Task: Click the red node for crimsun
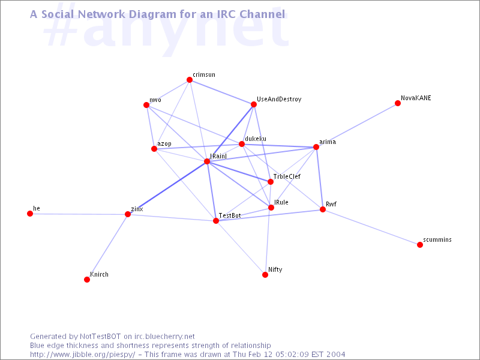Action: (190, 80)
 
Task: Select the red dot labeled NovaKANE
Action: (398, 103)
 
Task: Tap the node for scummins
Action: (420, 245)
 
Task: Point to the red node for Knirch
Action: (87, 280)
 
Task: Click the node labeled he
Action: (30, 214)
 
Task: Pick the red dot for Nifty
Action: (265, 275)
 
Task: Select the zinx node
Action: (128, 214)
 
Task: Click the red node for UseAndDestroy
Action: (254, 104)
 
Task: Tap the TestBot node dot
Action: (216, 221)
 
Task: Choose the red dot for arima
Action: (316, 147)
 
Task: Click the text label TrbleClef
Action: (287, 176)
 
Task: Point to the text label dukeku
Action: (256, 139)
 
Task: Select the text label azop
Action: (164, 144)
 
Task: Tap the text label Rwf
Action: (331, 204)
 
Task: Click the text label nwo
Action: (155, 100)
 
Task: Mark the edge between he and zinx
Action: (79, 214)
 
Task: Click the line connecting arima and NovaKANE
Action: (357, 125)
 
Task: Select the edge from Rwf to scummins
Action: (371, 227)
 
